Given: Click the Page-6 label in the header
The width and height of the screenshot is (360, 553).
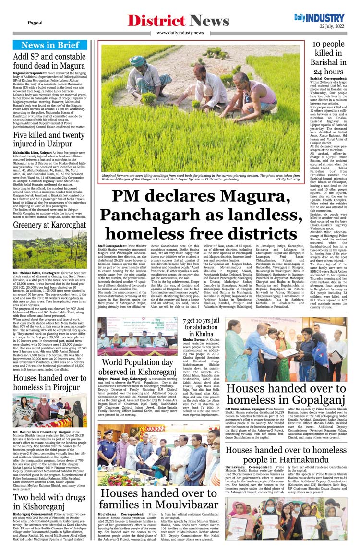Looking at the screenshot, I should pyautogui.click(x=35, y=23).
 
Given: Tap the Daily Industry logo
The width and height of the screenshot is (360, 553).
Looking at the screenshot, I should pyautogui.click(x=319, y=18).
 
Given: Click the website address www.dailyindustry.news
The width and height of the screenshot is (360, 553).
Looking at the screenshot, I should pyautogui.click(x=180, y=33).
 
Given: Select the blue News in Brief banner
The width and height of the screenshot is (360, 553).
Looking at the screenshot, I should pyautogui.click(x=50, y=45).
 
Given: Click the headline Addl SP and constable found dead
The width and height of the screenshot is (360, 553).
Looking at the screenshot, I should pyautogui.click(x=49, y=60).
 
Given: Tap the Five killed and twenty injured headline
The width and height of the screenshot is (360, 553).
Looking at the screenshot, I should pyautogui.click(x=49, y=139).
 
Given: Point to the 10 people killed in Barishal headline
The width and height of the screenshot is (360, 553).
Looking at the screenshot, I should pyautogui.click(x=328, y=58).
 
